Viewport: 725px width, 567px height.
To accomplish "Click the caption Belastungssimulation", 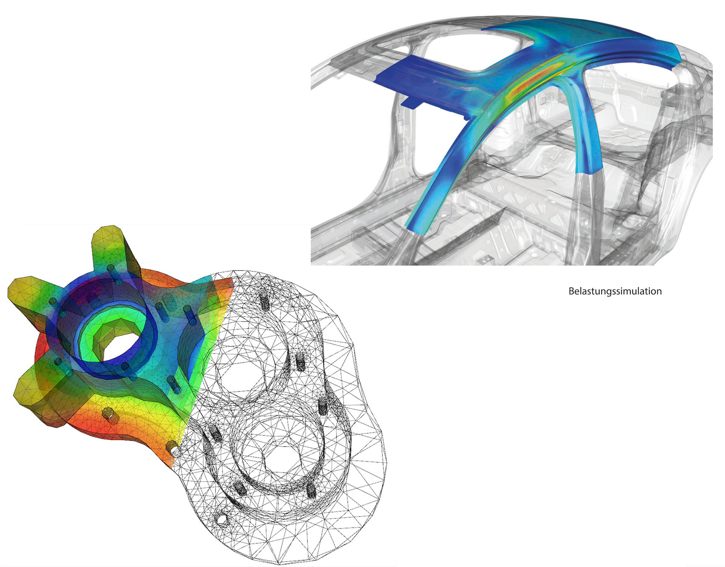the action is pos(615,291).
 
